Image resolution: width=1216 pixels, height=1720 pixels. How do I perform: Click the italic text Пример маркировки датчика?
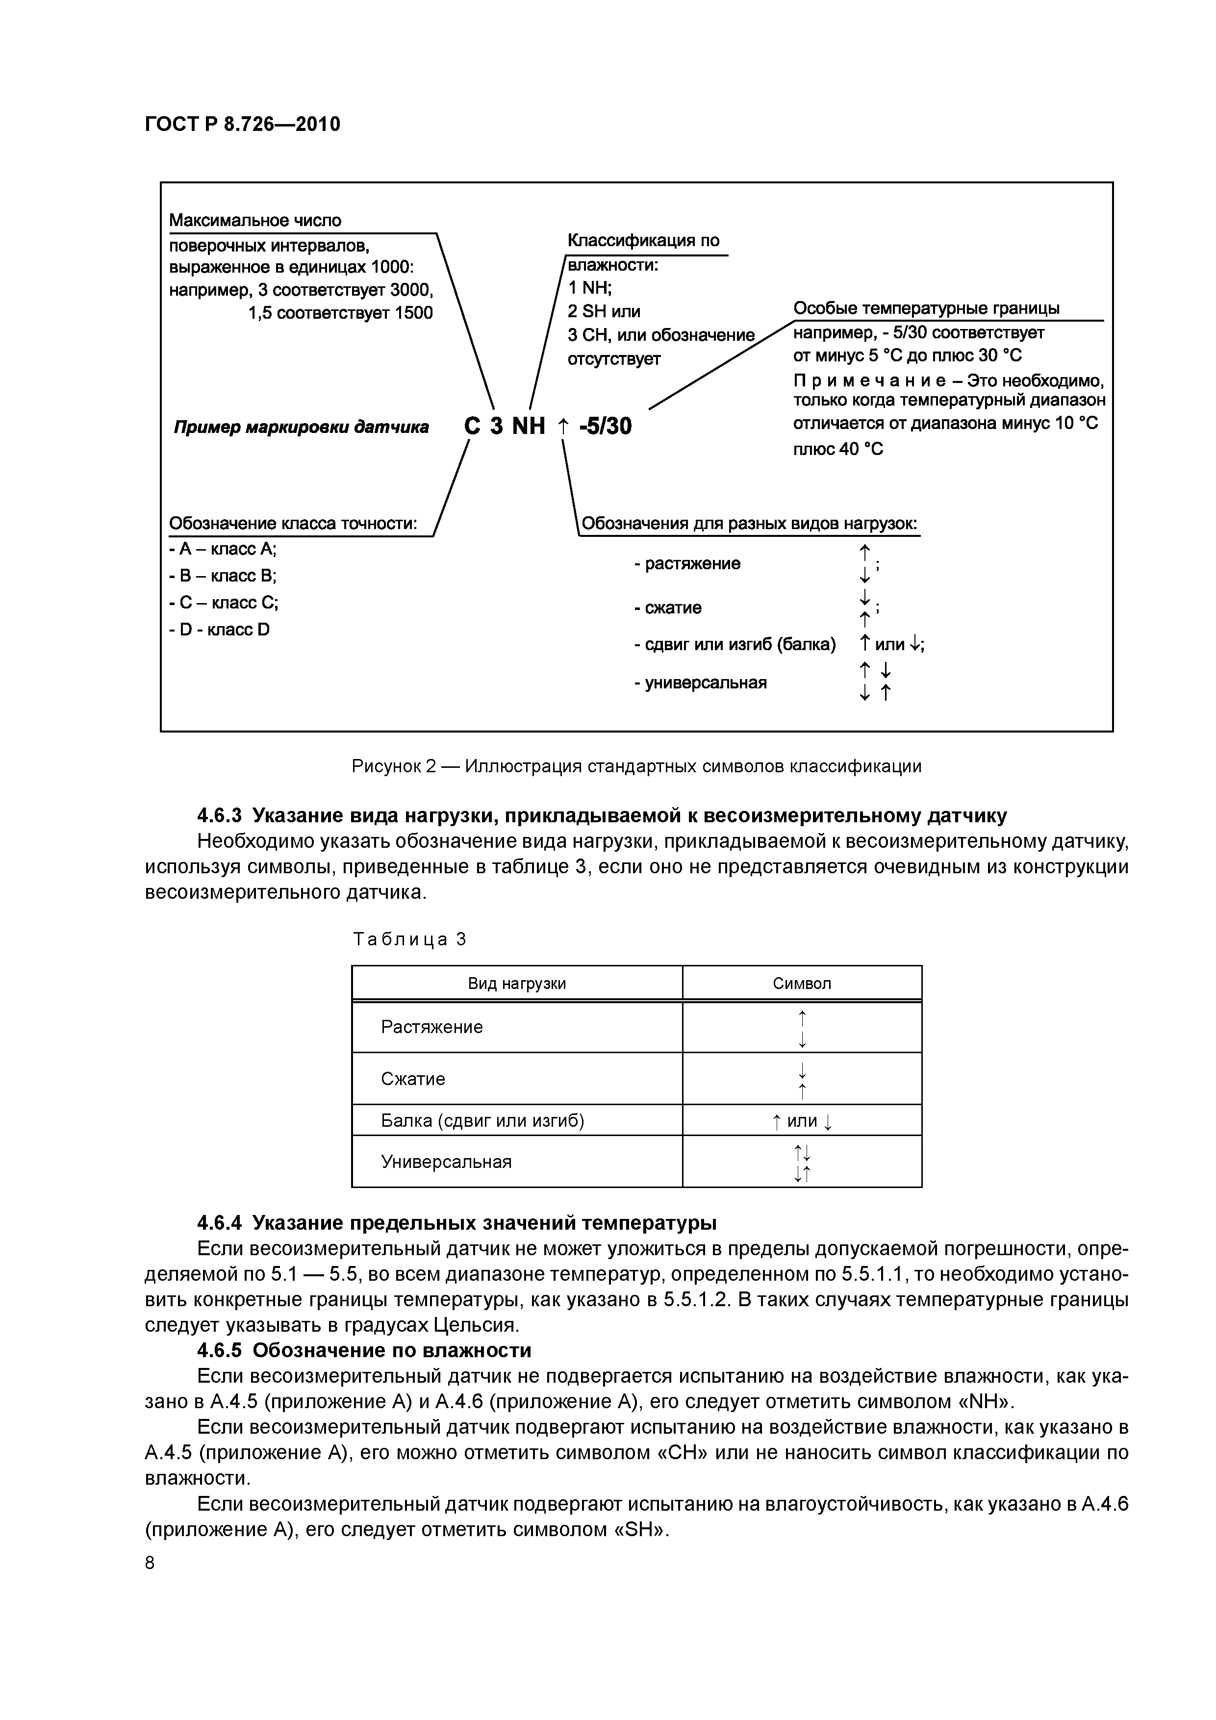click(301, 427)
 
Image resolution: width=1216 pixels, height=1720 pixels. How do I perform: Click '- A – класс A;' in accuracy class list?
click(223, 549)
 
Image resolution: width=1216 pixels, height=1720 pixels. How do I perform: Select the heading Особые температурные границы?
click(926, 308)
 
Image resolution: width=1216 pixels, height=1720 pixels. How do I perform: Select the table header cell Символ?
click(802, 984)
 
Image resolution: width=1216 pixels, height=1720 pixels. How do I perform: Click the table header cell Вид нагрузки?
click(517, 984)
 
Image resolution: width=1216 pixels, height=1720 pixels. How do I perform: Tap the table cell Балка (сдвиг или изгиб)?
click(482, 1121)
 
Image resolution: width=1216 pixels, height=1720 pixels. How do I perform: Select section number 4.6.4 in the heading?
click(220, 1223)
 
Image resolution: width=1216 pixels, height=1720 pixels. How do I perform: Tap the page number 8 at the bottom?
click(150, 1564)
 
